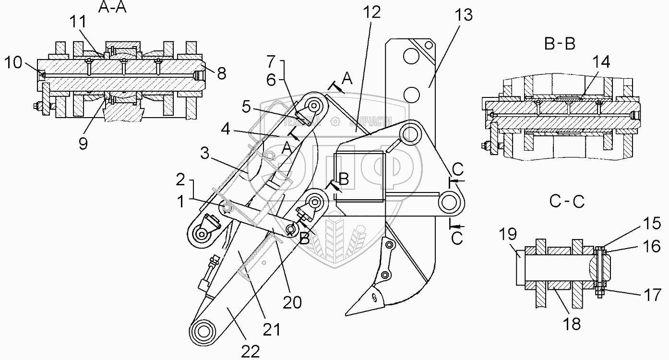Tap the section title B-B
pyautogui.click(x=560, y=44)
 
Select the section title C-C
pyautogui.click(x=566, y=202)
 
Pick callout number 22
pyautogui.click(x=250, y=351)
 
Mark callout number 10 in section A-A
pyautogui.click(x=14, y=62)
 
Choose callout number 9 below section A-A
pyautogui.click(x=83, y=144)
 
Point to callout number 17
pyautogui.click(x=653, y=294)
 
